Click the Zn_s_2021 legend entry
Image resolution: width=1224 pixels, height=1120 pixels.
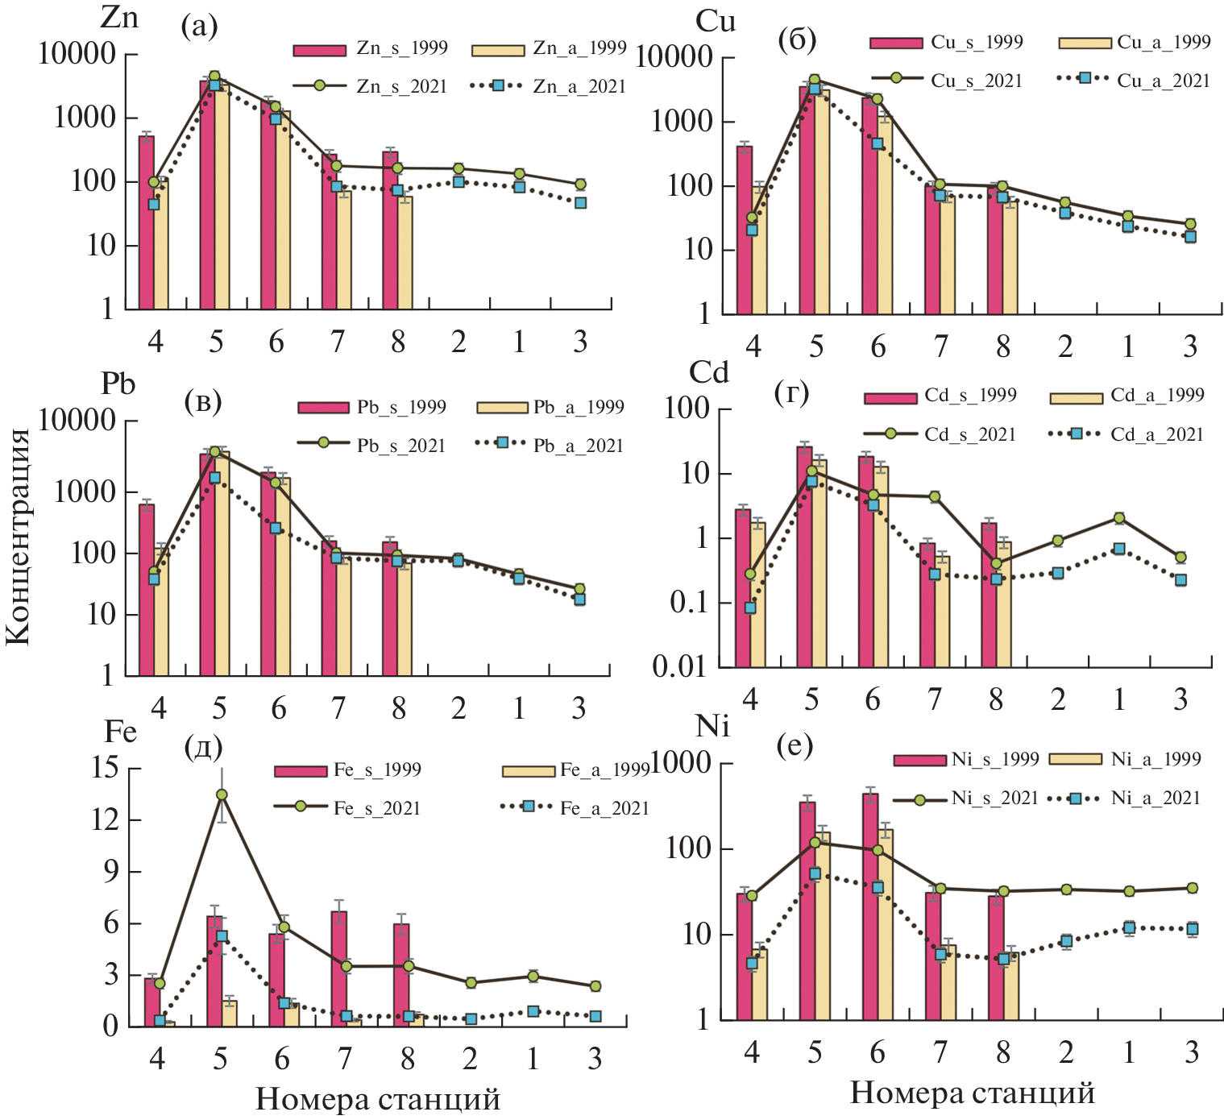[370, 86]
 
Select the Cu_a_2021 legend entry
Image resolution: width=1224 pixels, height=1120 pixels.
[1132, 79]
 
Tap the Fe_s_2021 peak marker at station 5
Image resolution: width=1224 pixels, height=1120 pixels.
[222, 794]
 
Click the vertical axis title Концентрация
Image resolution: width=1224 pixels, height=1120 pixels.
[18, 536]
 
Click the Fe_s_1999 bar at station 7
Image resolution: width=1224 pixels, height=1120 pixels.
[339, 967]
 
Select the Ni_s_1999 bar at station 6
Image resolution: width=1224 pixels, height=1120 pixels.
[870, 902]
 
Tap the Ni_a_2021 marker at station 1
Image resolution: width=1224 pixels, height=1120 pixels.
[1129, 927]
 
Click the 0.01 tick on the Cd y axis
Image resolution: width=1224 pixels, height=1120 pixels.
[679, 667]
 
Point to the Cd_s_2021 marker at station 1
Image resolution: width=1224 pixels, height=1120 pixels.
[1118, 518]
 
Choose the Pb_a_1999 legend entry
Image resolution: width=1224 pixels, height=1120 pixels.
[550, 407]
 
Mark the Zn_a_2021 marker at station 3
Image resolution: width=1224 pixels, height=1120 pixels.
[580, 203]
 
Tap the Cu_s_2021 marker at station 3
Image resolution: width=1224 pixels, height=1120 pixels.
[1190, 224]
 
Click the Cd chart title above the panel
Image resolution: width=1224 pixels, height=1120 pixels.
[708, 372]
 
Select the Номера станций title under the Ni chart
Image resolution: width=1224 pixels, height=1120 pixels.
[972, 1093]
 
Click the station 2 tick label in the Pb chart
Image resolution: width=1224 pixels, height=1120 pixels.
[458, 708]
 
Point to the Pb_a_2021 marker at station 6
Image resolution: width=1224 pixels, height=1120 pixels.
[276, 528]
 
